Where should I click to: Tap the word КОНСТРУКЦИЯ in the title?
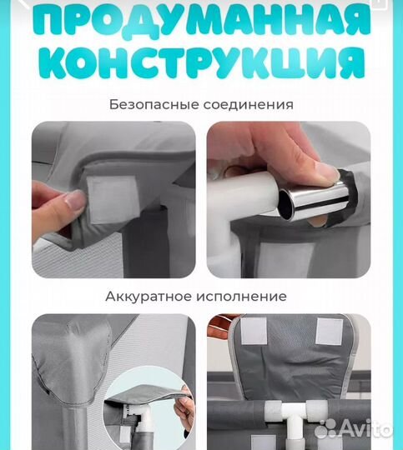tap(201, 64)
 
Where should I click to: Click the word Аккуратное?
tap(147, 296)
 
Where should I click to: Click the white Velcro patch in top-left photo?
tap(105, 199)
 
